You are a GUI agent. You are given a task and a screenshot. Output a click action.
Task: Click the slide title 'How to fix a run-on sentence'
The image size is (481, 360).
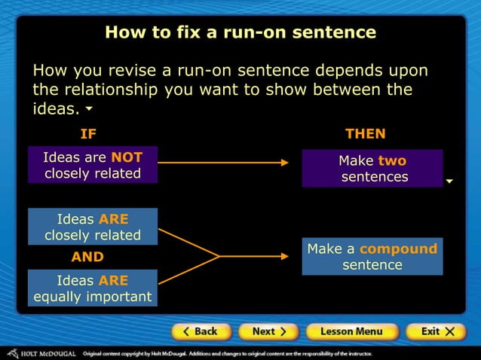pyautogui.click(x=240, y=32)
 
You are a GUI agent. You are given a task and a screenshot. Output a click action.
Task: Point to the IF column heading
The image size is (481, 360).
pyautogui.click(x=88, y=134)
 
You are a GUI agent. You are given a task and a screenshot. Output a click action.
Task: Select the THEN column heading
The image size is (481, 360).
pyautogui.click(x=365, y=134)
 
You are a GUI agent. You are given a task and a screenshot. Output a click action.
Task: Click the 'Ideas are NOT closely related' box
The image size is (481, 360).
pyautogui.click(x=93, y=165)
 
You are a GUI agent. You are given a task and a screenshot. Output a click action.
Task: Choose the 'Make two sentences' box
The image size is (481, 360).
pyautogui.click(x=372, y=169)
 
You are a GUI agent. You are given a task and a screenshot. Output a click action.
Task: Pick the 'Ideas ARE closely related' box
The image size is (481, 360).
pyautogui.click(x=93, y=227)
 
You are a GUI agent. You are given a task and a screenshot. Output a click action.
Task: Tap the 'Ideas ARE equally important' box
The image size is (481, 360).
pyautogui.click(x=93, y=288)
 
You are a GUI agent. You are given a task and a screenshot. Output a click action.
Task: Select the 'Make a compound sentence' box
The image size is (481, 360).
pyautogui.click(x=372, y=257)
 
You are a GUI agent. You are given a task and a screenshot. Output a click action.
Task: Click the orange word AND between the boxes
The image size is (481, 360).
pyautogui.click(x=87, y=257)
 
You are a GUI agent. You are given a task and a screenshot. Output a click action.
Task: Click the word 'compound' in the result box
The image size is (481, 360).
pyautogui.click(x=398, y=249)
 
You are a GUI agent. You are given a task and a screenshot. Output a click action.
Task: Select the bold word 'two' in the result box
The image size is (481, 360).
pyautogui.click(x=392, y=160)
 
